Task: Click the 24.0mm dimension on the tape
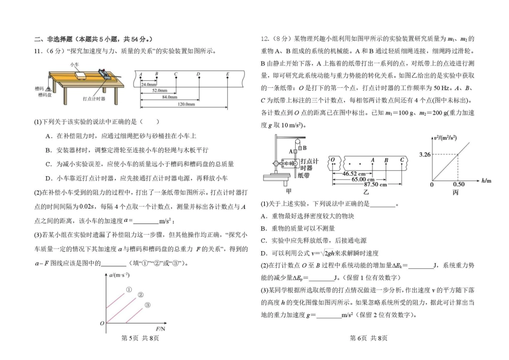tap(149, 85)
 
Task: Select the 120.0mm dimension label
tap(185, 103)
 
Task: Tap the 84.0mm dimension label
tap(169, 97)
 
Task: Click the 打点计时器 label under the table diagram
tap(94, 99)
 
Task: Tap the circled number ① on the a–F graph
tap(129, 290)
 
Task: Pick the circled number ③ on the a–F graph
tap(146, 305)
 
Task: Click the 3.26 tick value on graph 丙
tap(425, 154)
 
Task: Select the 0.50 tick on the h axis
tap(459, 184)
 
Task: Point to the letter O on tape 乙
tap(333, 160)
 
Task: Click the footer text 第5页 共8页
tap(140, 338)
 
